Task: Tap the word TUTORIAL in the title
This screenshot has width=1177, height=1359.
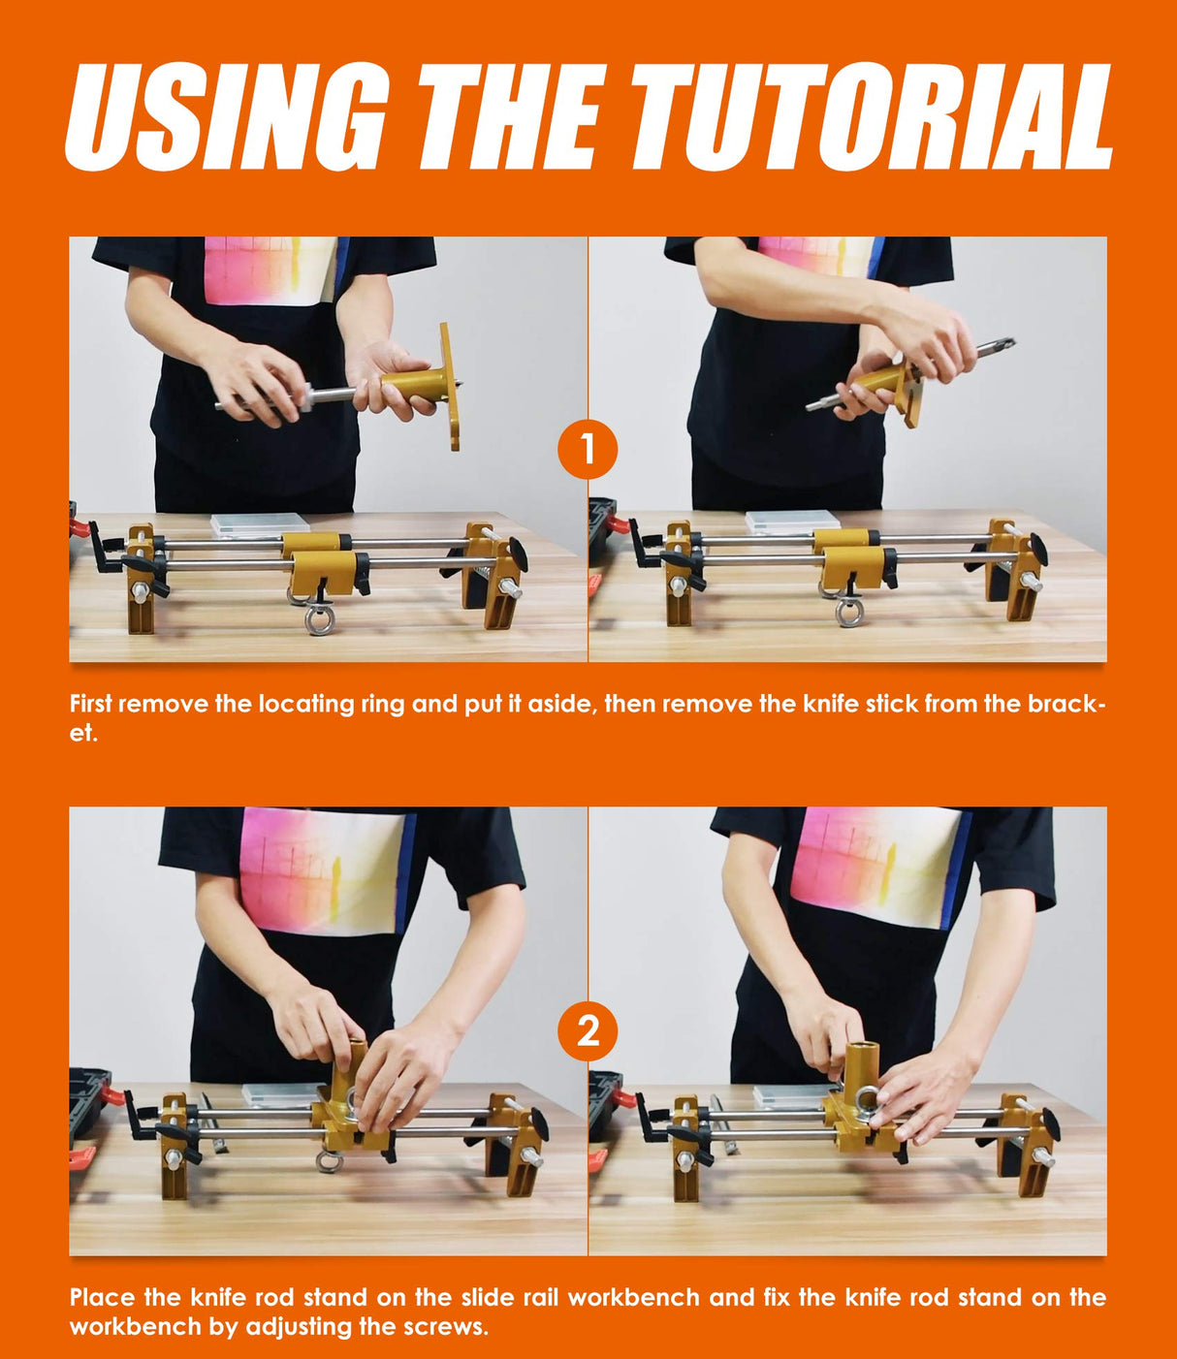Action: point(872,116)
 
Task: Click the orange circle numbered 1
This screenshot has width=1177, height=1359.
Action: point(588,450)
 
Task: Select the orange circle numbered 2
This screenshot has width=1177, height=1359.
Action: point(588,1031)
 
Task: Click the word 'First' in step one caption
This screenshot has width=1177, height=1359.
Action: point(91,704)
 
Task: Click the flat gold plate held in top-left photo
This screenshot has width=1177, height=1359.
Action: point(450,387)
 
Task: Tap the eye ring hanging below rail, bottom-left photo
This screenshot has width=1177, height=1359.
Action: point(329,1161)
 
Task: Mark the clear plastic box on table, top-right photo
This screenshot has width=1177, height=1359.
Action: point(793,521)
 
